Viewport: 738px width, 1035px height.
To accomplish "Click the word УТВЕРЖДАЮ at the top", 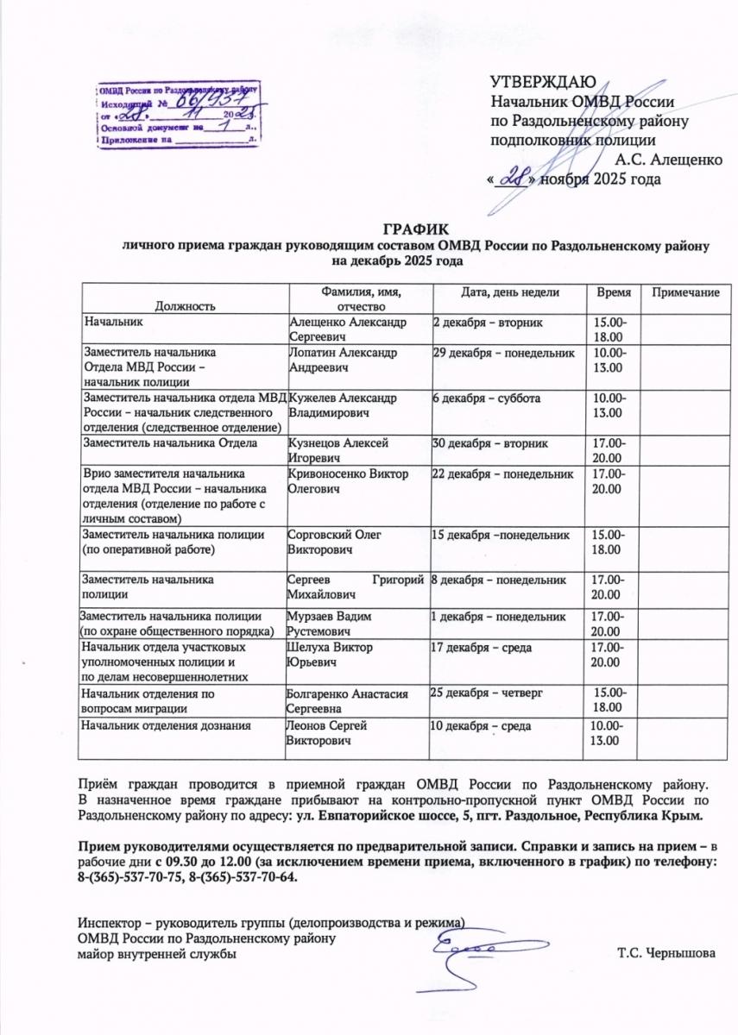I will click(542, 83).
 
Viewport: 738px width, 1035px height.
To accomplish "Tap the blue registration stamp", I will click(178, 116).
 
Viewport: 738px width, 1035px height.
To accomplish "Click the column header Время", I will click(614, 293).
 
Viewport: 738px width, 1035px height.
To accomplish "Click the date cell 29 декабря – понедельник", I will click(502, 354).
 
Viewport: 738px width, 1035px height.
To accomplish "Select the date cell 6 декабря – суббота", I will click(486, 398).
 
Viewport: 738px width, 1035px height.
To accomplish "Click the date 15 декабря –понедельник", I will click(501, 535).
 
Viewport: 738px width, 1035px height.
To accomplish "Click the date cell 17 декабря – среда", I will click(480, 647).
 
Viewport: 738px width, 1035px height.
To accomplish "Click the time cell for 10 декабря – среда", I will click(609, 733).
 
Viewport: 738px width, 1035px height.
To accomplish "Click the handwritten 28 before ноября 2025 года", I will click(516, 179).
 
